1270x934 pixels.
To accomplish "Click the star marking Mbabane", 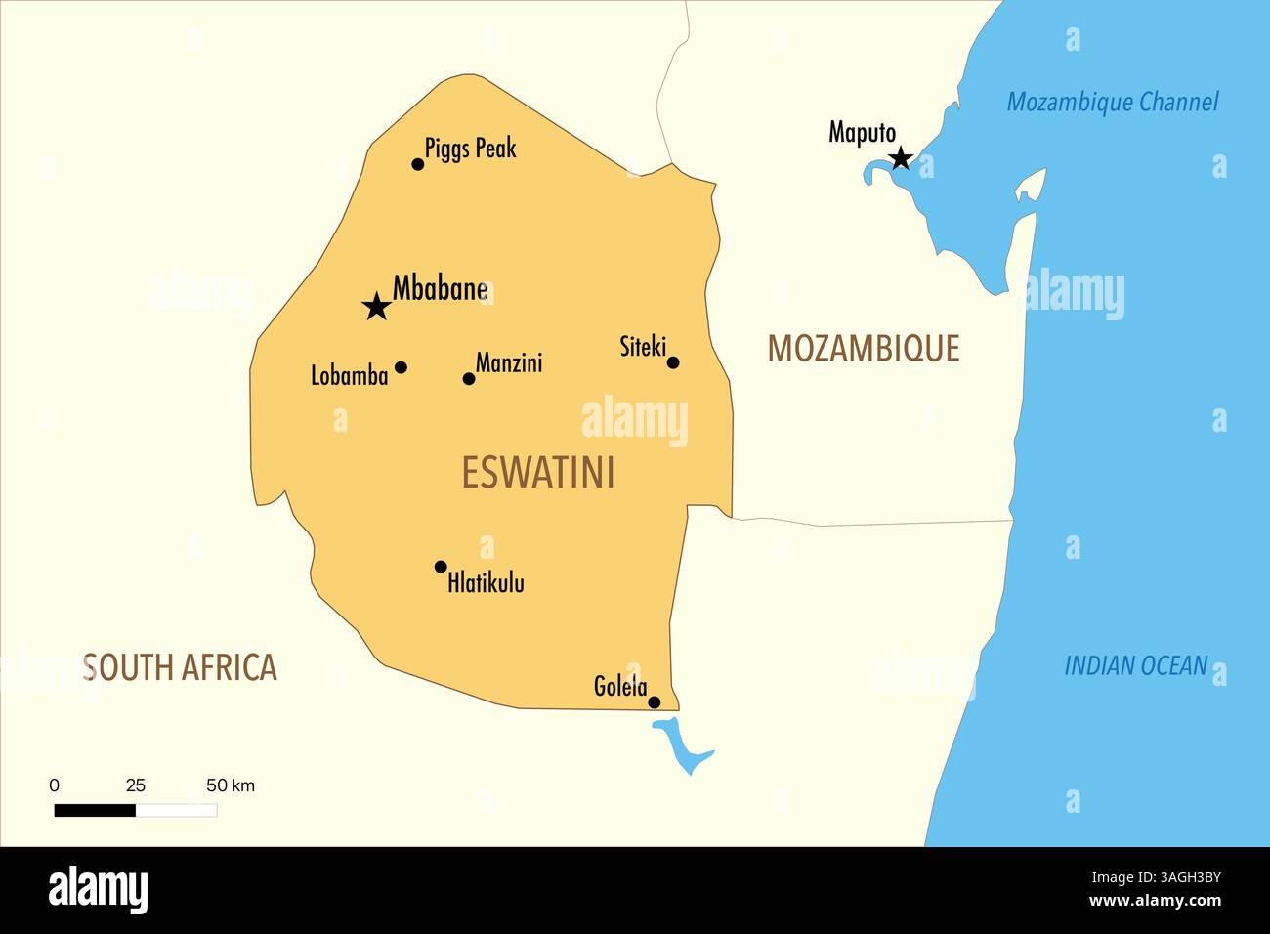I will tap(376, 307).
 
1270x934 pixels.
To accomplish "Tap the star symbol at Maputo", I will tap(901, 158).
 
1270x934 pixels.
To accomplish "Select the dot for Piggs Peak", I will tap(418, 164).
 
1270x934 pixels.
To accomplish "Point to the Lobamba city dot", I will tap(401, 367).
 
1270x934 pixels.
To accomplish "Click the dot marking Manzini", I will tap(469, 378).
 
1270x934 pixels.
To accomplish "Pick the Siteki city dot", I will tap(673, 362).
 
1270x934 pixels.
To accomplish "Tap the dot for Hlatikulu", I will tap(441, 567).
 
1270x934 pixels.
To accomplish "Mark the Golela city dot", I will tap(655, 701).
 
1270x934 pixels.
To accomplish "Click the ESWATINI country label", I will tap(538, 473).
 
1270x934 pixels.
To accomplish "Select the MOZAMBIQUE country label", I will tap(863, 348).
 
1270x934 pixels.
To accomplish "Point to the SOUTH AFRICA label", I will tap(180, 667).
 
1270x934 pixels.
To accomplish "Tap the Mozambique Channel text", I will tap(1112, 102).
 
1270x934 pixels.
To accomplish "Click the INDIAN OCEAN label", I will tap(1135, 665).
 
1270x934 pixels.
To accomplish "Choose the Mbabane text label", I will tap(440, 288).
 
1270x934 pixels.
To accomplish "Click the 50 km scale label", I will tap(230, 785).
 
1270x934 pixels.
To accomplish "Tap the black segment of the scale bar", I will tap(95, 810).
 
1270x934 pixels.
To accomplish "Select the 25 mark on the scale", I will tap(136, 785).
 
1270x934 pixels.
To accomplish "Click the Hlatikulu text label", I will tap(486, 583).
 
